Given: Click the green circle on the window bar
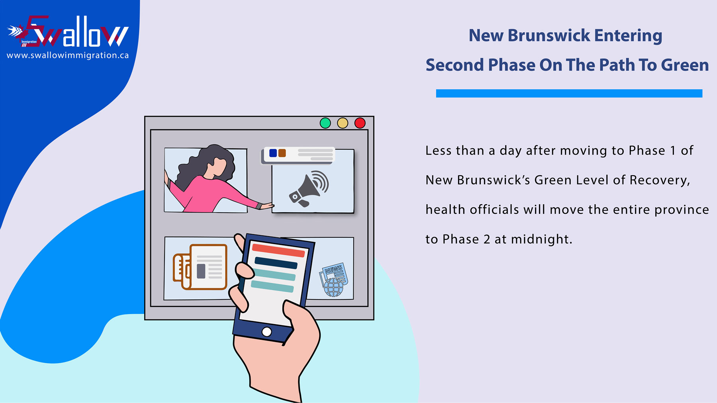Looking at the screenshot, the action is point(325,123).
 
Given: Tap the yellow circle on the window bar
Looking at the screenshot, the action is point(343,123).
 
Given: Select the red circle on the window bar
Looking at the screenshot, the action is point(360,123).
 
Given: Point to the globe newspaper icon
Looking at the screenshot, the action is point(334,280).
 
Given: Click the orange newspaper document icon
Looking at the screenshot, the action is point(200,267).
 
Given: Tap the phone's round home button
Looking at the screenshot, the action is point(266,332).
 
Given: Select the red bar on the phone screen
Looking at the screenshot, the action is point(279,250).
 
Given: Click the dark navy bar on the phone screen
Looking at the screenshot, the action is point(276,263).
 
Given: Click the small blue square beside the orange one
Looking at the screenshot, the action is point(273,153).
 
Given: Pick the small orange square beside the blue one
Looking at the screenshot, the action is point(282,153).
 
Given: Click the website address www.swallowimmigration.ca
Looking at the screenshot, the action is point(68,55).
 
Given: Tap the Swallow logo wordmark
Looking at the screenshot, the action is point(68,32).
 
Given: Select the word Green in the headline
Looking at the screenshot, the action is point(685,65).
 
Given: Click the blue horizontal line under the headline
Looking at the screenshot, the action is point(569,93).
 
